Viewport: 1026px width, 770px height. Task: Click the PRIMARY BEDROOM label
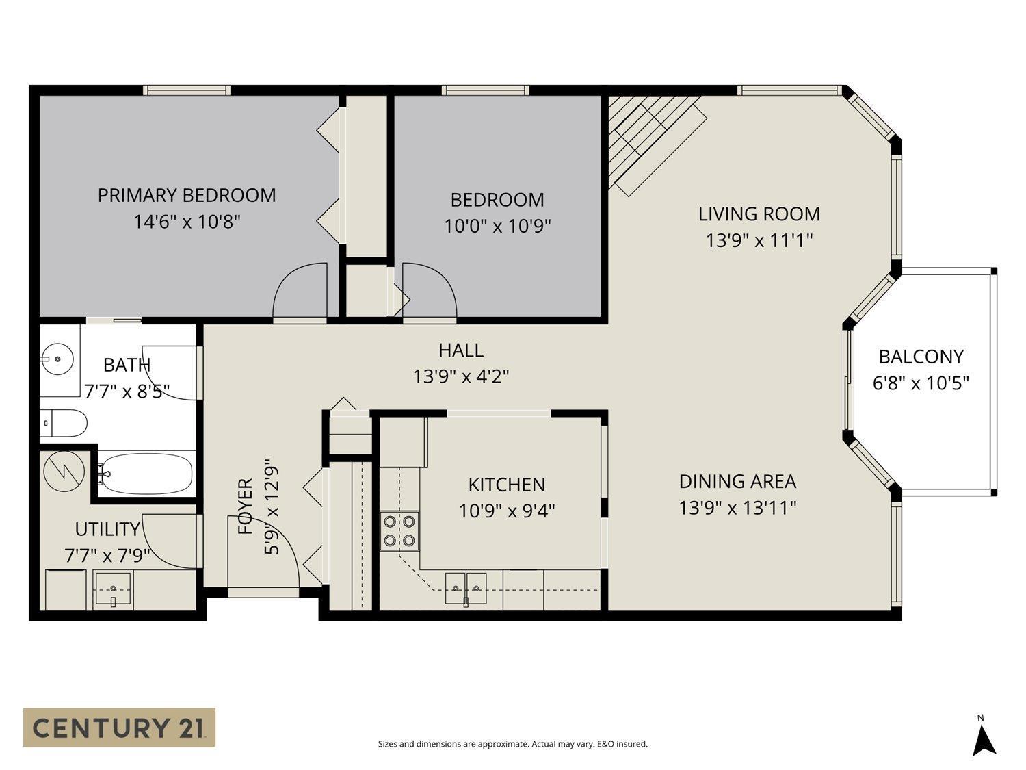[x=187, y=195]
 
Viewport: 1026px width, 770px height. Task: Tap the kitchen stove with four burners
[x=400, y=531]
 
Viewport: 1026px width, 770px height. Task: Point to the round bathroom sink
[x=57, y=358]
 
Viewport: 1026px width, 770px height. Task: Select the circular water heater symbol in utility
[x=63, y=471]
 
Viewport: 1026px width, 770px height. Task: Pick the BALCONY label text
[x=921, y=357]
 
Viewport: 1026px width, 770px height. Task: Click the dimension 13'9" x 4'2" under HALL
[x=461, y=376]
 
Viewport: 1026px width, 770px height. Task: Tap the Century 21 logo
[x=119, y=727]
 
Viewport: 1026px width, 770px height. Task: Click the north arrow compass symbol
[x=983, y=739]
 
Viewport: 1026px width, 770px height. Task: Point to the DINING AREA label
[x=737, y=481]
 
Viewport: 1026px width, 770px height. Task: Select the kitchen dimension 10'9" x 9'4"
[x=506, y=511]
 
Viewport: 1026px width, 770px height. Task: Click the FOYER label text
[x=245, y=506]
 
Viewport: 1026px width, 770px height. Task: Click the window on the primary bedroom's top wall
[x=187, y=90]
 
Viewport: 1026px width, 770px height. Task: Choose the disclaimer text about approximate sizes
[x=512, y=744]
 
